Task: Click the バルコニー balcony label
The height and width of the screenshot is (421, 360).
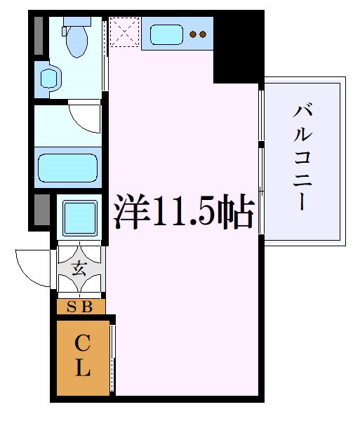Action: click(x=303, y=157)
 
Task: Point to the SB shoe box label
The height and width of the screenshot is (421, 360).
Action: click(x=81, y=306)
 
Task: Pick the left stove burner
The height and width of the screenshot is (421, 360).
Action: click(x=194, y=34)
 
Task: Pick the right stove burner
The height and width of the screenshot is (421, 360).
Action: click(x=204, y=34)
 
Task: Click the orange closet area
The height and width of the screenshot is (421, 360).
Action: click(x=83, y=358)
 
